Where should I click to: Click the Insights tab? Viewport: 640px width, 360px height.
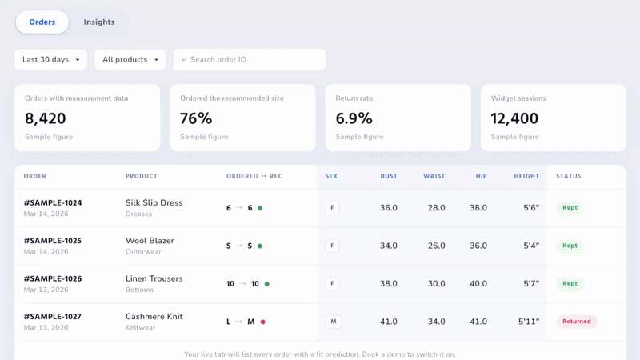[98, 22]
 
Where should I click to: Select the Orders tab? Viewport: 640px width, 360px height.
[42, 22]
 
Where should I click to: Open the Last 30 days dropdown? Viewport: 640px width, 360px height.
[50, 59]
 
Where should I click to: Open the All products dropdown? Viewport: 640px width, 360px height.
[130, 59]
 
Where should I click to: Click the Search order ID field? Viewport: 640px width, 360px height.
[250, 59]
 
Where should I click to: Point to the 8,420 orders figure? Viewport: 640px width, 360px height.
[46, 118]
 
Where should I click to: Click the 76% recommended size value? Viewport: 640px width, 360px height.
[196, 118]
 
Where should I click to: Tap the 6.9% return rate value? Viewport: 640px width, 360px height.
[354, 118]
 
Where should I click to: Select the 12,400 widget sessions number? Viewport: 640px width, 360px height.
[514, 118]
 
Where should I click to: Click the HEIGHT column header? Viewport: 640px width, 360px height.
[526, 176]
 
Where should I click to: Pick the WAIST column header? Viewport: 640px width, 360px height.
[434, 176]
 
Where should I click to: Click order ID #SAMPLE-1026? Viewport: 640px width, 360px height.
[53, 278]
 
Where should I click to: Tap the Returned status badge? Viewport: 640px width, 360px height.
[576, 322]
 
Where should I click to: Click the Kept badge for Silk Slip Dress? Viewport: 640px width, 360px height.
[570, 208]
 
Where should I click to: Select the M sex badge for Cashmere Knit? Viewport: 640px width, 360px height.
[334, 322]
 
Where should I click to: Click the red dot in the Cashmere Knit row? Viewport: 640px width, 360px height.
[263, 322]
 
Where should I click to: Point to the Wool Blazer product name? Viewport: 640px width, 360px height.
[150, 241]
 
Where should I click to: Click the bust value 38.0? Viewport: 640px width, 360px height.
[389, 284]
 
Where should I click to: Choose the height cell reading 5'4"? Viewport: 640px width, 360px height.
[531, 246]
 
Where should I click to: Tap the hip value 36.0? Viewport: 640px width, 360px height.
[478, 246]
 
